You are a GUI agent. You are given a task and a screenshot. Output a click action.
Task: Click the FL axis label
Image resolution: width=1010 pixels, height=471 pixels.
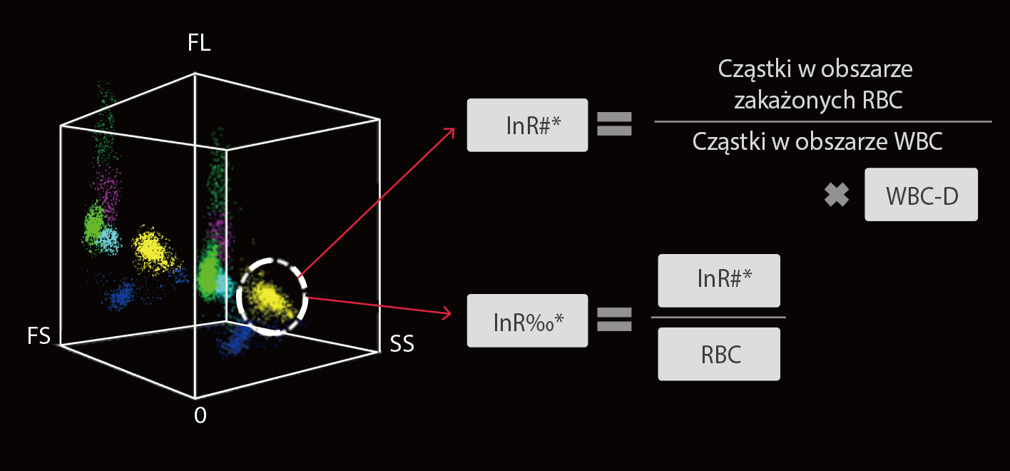[x=200, y=44]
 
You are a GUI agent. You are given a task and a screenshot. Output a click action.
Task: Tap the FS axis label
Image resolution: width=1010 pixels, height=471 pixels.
[x=39, y=336]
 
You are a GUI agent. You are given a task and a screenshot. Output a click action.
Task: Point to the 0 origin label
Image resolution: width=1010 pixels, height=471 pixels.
[x=200, y=416]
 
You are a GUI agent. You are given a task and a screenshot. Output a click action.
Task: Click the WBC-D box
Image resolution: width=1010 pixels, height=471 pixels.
[x=921, y=195]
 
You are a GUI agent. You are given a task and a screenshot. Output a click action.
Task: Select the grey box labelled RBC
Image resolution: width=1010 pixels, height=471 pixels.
[x=719, y=354]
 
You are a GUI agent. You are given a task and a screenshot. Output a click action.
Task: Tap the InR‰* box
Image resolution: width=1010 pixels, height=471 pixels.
[x=527, y=320]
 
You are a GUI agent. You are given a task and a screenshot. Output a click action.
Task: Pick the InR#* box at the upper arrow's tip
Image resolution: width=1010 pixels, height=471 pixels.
[x=527, y=125]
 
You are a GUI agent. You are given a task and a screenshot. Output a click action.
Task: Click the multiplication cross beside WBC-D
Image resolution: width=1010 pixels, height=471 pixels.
[x=836, y=195]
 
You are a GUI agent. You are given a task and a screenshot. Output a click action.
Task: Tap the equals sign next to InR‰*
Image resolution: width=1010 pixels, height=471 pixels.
[x=614, y=319]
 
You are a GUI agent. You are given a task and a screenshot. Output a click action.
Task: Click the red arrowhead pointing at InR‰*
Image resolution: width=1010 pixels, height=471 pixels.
[x=449, y=313]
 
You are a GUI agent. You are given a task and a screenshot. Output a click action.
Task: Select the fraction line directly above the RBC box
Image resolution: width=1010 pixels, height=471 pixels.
[x=719, y=317]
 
